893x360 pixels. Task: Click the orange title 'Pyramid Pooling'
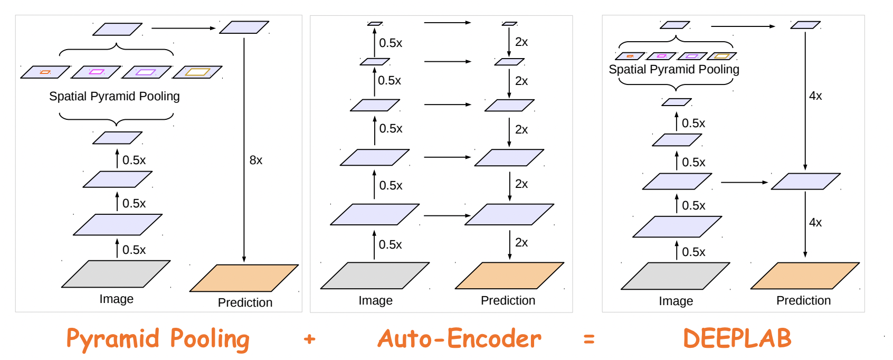pyautogui.click(x=157, y=339)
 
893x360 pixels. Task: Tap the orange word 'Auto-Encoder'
pyautogui.click(x=459, y=339)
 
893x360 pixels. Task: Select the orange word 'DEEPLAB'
pyautogui.click(x=737, y=338)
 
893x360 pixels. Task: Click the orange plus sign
pyautogui.click(x=310, y=339)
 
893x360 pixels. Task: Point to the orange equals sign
pyautogui.click(x=590, y=339)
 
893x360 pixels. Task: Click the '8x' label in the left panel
pyautogui.click(x=256, y=160)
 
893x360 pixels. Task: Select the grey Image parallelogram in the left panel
pyautogui.click(x=116, y=274)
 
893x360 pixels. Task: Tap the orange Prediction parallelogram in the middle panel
pyautogui.click(x=509, y=276)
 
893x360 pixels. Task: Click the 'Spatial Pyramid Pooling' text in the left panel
pyautogui.click(x=115, y=96)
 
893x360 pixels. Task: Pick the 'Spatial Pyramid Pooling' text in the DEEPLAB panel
pyautogui.click(x=674, y=70)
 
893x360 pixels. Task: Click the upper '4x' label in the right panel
pyautogui.click(x=815, y=96)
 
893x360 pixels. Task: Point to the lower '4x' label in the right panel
pyautogui.click(x=815, y=223)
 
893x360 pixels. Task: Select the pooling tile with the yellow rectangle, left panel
pyautogui.click(x=197, y=72)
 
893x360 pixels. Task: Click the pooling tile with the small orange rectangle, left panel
pyautogui.click(x=45, y=72)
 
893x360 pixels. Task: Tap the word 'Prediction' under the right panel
pyautogui.click(x=803, y=301)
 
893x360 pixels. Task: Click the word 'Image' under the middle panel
pyautogui.click(x=375, y=301)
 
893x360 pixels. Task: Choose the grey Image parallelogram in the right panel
pyautogui.click(x=675, y=276)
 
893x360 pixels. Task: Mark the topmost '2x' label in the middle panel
pyautogui.click(x=521, y=42)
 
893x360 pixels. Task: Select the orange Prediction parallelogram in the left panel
pyautogui.click(x=244, y=278)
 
